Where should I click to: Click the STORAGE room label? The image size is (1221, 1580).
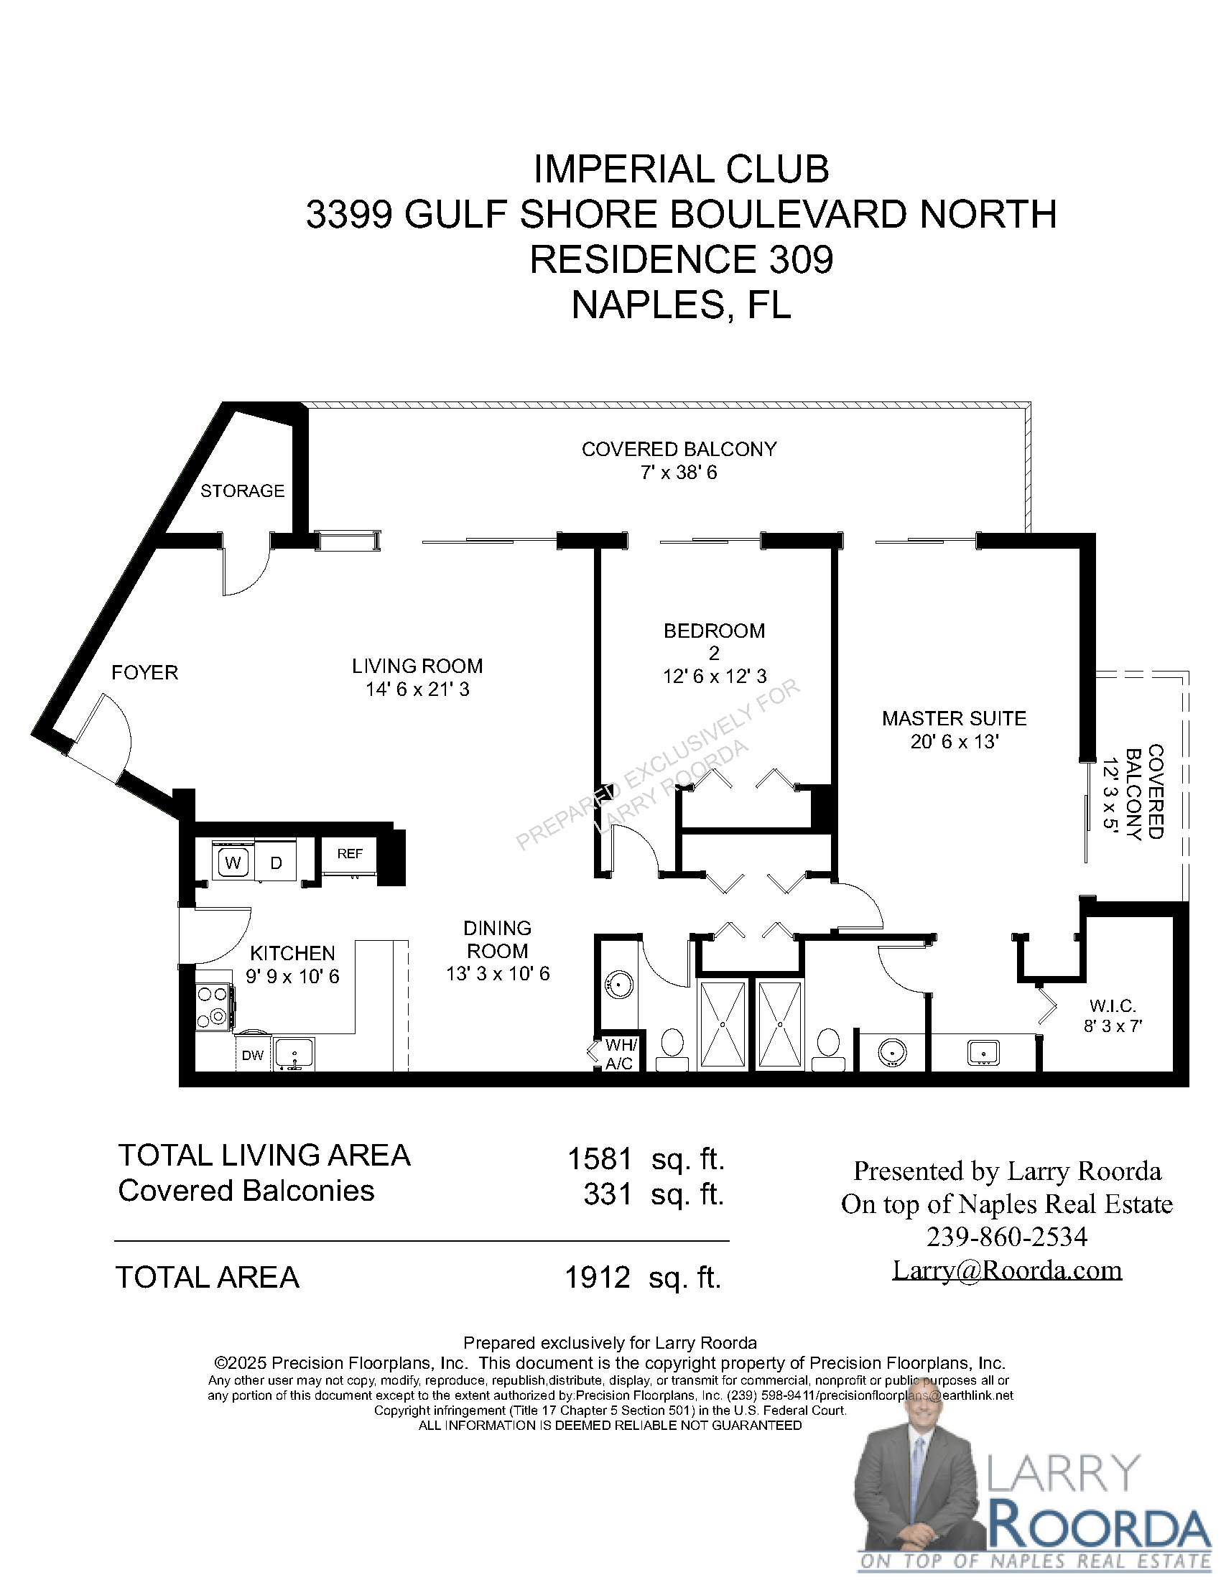pos(242,491)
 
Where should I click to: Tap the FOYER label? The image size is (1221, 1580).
pos(144,673)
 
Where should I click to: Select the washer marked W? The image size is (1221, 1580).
pos(232,863)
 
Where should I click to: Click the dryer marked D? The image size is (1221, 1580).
pos(276,863)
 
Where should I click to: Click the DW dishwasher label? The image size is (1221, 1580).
pos(252,1056)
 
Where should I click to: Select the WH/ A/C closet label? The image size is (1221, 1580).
pos(620,1054)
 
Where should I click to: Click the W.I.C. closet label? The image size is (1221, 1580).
pos(1113,1006)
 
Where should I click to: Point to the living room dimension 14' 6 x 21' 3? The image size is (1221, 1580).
pos(417,689)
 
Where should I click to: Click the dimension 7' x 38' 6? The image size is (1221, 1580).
pos(679,473)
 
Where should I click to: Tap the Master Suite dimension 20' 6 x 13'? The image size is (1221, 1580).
pos(954,743)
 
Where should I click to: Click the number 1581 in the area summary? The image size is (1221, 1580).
pos(600,1159)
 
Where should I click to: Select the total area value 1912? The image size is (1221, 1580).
pos(598,1278)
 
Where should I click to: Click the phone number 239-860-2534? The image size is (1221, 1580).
pos(1007,1237)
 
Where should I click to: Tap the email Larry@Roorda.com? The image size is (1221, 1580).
pos(1007,1270)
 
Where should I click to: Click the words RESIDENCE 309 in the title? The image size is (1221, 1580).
pos(682,260)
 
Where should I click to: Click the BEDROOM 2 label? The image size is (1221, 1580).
pos(714,641)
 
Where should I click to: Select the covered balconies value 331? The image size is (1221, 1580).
pos(608,1194)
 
